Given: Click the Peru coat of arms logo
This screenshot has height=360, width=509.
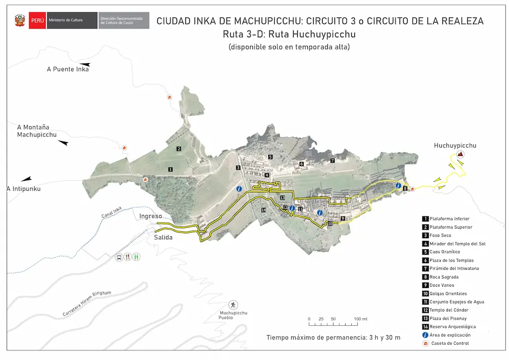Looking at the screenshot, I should (20, 21).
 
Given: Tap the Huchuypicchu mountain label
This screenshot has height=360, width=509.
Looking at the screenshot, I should (455, 146).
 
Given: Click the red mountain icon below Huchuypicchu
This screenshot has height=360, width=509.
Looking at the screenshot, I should (460, 154).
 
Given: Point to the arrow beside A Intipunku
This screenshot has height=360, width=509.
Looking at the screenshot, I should (25, 179).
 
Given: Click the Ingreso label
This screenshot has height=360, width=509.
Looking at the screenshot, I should (151, 216).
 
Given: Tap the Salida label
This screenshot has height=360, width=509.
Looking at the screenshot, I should (163, 237).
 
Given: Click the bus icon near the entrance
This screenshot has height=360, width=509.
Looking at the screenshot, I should (119, 257).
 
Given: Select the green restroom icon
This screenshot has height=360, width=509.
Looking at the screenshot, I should (136, 257).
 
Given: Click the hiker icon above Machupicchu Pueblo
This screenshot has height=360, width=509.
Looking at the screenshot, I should (233, 304).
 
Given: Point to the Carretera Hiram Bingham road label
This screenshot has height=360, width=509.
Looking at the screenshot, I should (87, 304).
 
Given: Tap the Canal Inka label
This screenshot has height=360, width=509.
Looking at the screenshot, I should (111, 215).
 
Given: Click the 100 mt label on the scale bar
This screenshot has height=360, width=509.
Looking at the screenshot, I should (361, 319).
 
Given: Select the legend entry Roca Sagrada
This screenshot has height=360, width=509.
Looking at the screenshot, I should (444, 277).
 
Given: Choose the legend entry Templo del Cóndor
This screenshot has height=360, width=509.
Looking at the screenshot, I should (449, 310).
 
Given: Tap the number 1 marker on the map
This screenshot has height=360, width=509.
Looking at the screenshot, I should (171, 169).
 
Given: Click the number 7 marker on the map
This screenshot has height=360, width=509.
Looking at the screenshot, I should (332, 160).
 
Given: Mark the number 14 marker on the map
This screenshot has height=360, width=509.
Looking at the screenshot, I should (264, 210).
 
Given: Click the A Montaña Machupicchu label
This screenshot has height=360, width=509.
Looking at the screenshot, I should (37, 131).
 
